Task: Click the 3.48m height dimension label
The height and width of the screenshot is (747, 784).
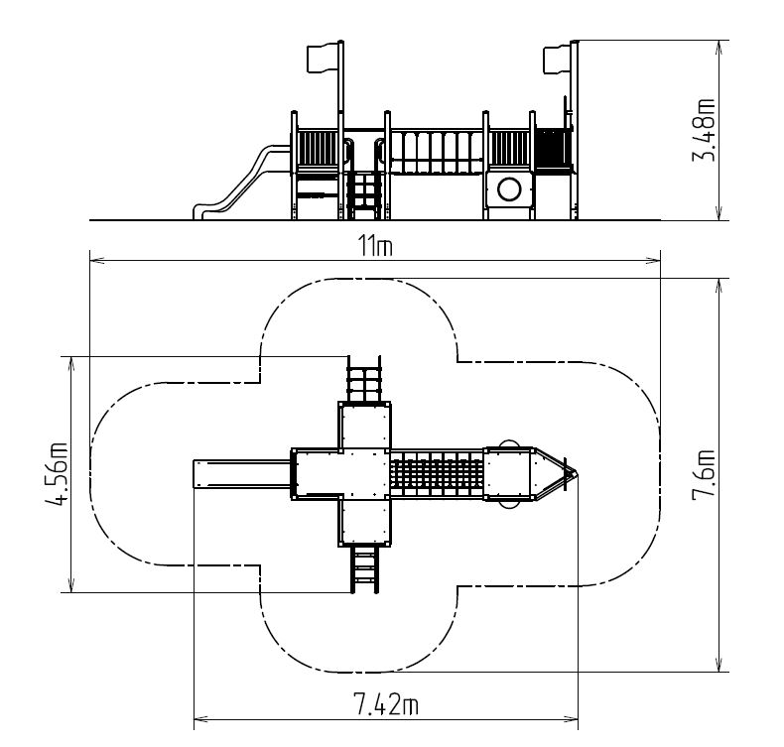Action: coord(707,129)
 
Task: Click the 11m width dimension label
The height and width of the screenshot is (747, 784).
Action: coord(375,247)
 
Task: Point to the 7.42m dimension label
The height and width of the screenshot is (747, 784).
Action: coord(385,704)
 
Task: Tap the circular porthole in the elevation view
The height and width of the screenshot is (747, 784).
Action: coord(509,188)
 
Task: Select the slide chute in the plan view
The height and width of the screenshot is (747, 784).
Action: coord(241,473)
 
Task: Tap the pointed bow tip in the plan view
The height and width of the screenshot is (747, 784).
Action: coord(572,472)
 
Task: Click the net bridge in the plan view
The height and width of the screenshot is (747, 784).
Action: coord(437,473)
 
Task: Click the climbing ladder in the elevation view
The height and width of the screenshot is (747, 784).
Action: coord(364,194)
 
